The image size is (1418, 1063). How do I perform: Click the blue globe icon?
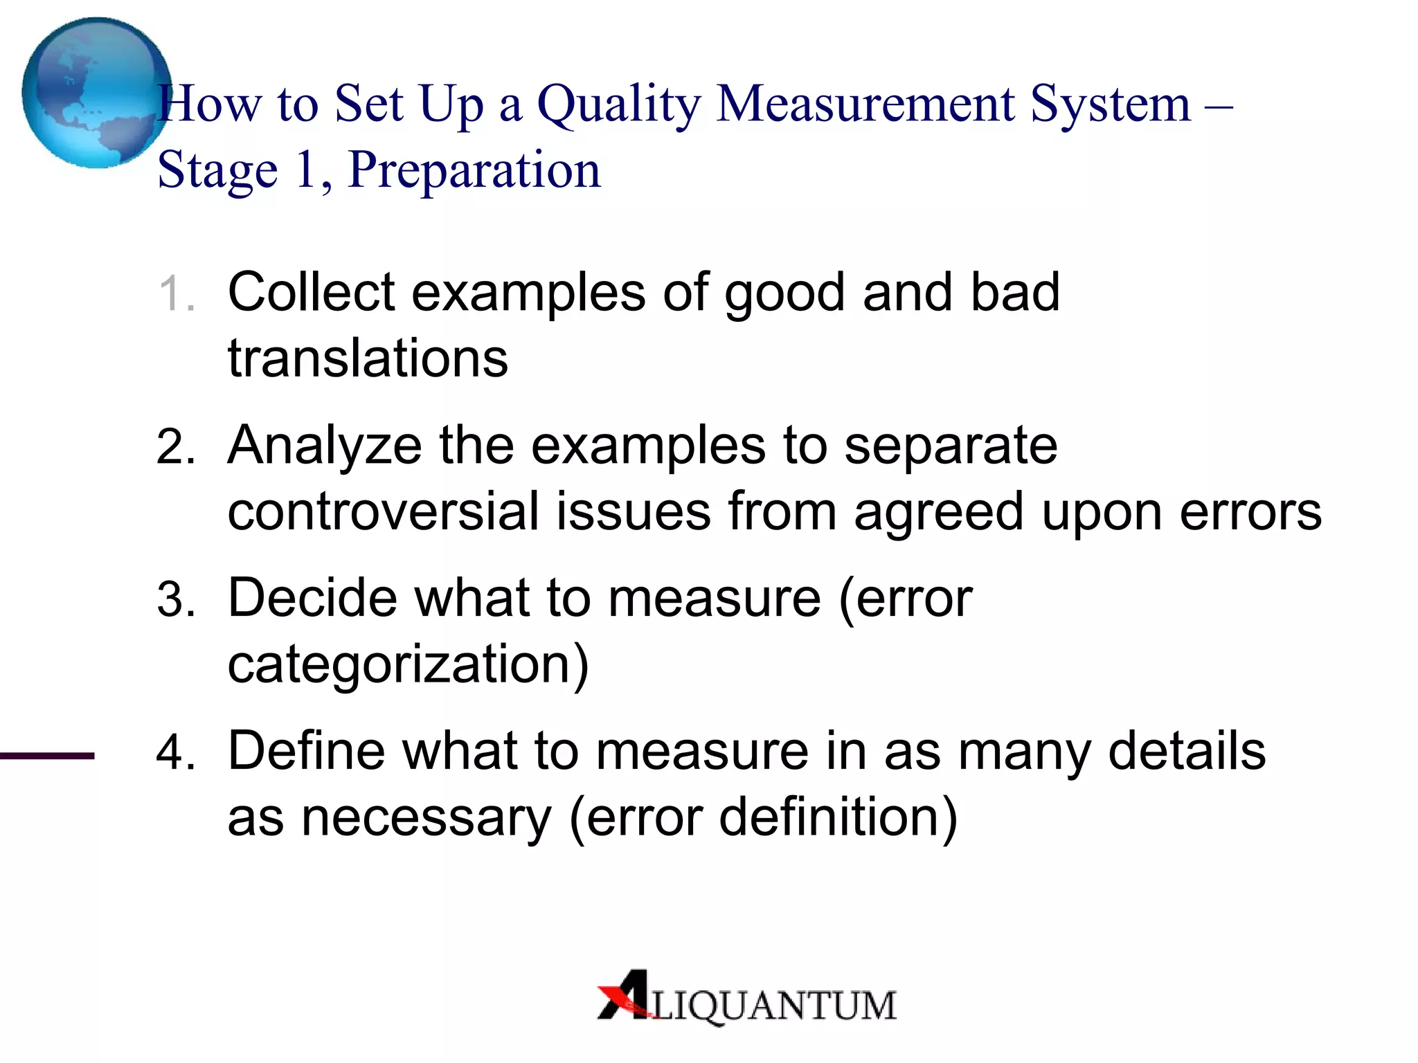pos(96,93)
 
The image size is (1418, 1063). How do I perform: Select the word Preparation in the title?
pos(474,170)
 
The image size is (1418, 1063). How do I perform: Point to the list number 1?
pos(174,293)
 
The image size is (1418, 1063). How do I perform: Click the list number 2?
pos(175,447)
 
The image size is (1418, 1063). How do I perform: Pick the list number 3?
pos(175,600)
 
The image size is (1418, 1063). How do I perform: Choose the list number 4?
pos(175,753)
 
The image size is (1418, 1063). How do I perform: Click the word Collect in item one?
pos(311,292)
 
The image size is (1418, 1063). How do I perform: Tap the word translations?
pos(368,358)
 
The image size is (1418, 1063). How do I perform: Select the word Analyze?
pos(324,446)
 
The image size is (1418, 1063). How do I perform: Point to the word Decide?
pos(312,598)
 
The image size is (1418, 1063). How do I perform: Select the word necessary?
pos(427,819)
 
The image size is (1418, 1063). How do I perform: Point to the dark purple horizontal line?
pos(47,756)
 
